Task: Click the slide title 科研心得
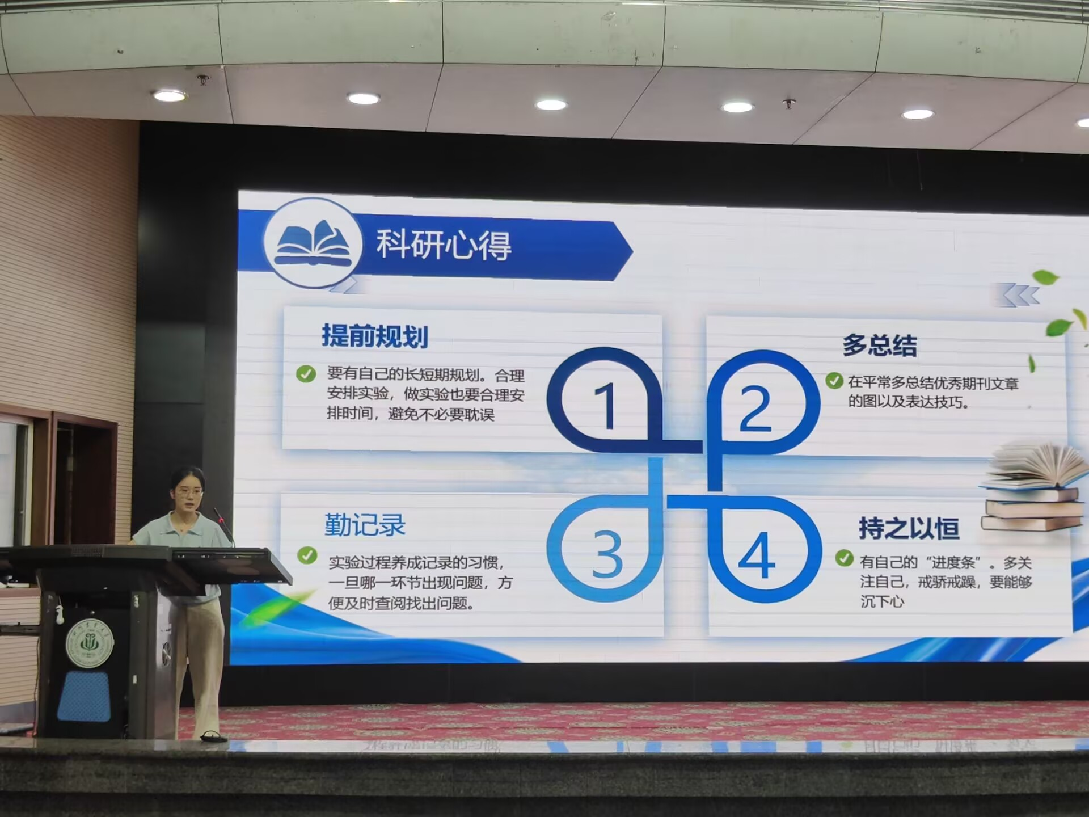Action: coord(444,245)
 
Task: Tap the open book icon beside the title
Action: coord(313,243)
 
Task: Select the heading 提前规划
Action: coord(375,336)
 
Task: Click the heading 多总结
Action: coord(879,345)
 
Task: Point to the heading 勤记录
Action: coord(365,525)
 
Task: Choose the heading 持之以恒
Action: coord(909,528)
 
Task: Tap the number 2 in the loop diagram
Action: coord(755,408)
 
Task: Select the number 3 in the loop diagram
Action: coord(607,554)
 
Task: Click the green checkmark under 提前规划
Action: coord(306,374)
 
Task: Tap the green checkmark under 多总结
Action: coord(834,381)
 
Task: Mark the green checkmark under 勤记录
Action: coord(307,555)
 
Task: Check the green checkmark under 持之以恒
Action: coord(844,558)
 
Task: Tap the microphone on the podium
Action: coord(223,525)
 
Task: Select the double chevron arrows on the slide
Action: coord(1021,295)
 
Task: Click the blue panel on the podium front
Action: coord(84,696)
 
